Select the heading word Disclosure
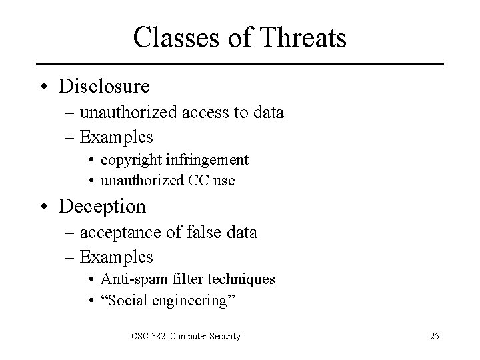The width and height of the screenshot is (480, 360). point(104,87)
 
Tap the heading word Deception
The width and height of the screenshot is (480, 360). point(102,207)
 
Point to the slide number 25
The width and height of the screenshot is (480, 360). point(434,336)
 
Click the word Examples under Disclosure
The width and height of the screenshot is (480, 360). point(116,137)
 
